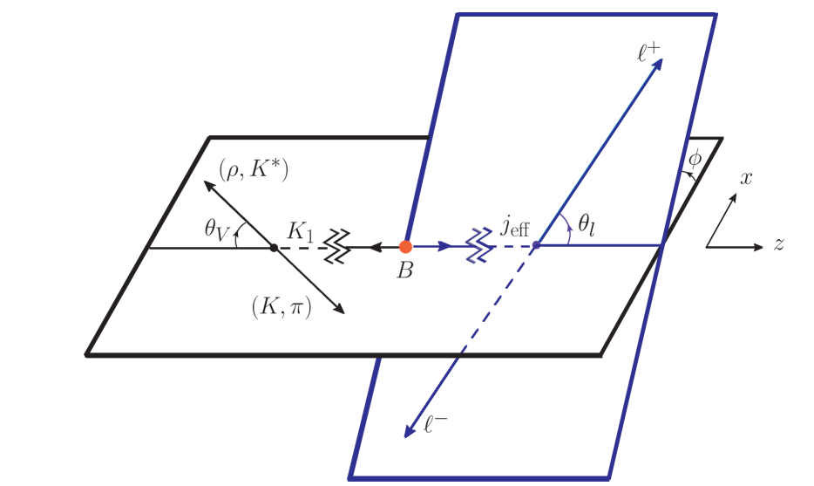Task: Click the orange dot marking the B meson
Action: [x=405, y=247]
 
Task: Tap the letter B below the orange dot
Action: [x=404, y=270]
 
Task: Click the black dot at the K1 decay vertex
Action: [x=274, y=248]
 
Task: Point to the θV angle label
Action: [x=215, y=229]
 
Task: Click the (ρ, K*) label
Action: [x=254, y=169]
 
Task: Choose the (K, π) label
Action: [x=281, y=306]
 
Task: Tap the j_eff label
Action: [x=515, y=226]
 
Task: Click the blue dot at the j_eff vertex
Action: [x=536, y=245]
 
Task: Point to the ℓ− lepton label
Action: [x=436, y=427]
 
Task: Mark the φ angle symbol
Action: [x=695, y=160]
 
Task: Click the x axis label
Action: [x=746, y=178]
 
